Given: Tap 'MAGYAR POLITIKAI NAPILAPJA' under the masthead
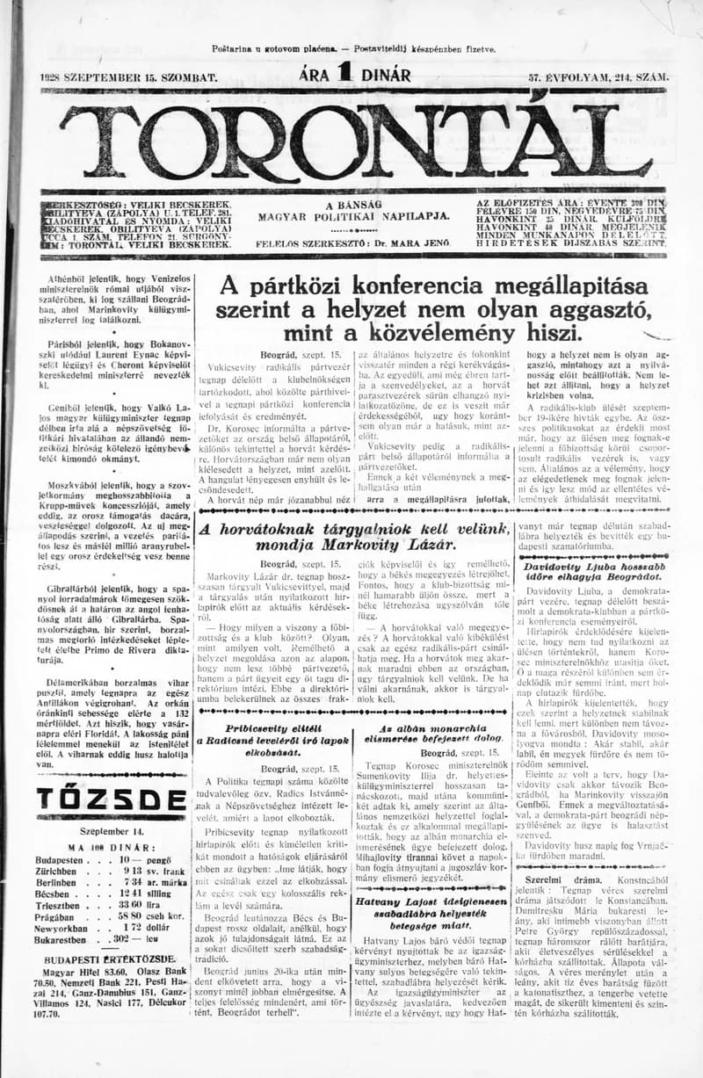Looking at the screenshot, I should tap(353, 215).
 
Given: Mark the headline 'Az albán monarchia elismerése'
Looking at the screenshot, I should tap(432, 734).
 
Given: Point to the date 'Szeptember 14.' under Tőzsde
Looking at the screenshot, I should tap(111, 829).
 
